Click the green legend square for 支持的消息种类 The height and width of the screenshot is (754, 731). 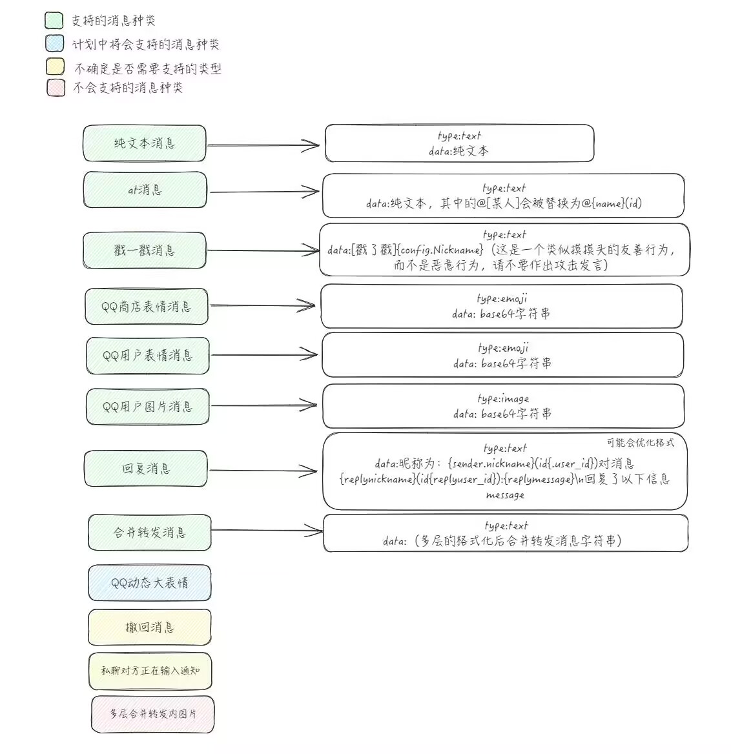coord(54,21)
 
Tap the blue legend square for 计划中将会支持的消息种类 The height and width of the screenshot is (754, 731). coord(55,44)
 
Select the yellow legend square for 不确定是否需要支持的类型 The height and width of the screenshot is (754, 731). coord(55,67)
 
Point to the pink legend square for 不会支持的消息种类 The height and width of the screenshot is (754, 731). coord(56,87)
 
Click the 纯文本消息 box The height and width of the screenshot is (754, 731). coord(144,143)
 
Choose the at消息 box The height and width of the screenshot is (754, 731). coord(145,190)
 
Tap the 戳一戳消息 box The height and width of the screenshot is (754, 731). coord(144,250)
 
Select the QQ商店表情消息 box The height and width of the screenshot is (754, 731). coord(146,307)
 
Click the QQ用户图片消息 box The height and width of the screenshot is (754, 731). coord(147,407)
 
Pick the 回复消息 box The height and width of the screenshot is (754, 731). coord(146,469)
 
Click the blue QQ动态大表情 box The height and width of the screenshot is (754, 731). coord(149,583)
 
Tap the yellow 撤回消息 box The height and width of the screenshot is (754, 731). coord(149,627)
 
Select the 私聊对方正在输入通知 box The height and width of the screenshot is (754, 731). coord(150,671)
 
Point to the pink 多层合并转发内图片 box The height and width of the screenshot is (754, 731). coord(152,714)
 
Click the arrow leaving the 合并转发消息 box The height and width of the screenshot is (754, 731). coord(266,531)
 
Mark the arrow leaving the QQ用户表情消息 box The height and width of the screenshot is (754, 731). coord(264,354)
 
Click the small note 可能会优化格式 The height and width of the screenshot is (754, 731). coord(640,443)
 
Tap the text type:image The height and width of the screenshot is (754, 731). coord(503,398)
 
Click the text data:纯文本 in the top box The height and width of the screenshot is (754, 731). coord(458,151)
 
